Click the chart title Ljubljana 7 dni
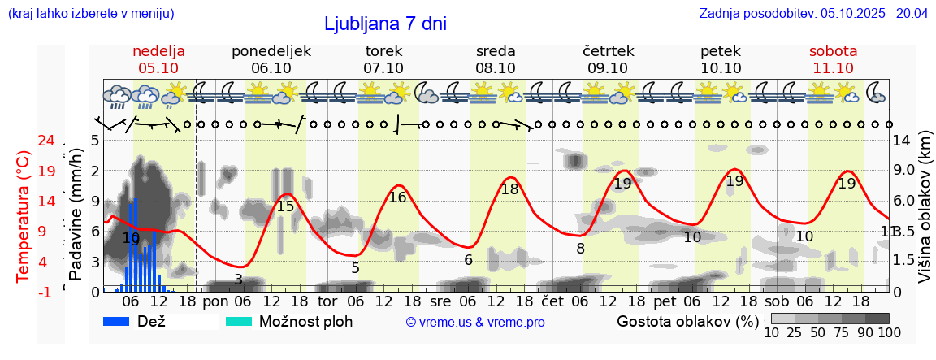[x=385, y=24]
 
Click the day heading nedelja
[x=159, y=50]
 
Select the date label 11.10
[x=833, y=68]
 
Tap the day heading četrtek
[x=609, y=50]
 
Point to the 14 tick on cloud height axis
[x=902, y=141]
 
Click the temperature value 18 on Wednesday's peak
[x=509, y=189]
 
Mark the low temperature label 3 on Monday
[x=238, y=280]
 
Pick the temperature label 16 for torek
[x=397, y=197]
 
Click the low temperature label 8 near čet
[x=580, y=249]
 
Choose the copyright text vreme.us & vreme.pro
[x=475, y=322]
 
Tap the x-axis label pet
[x=664, y=302]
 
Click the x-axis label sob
[x=777, y=302]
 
